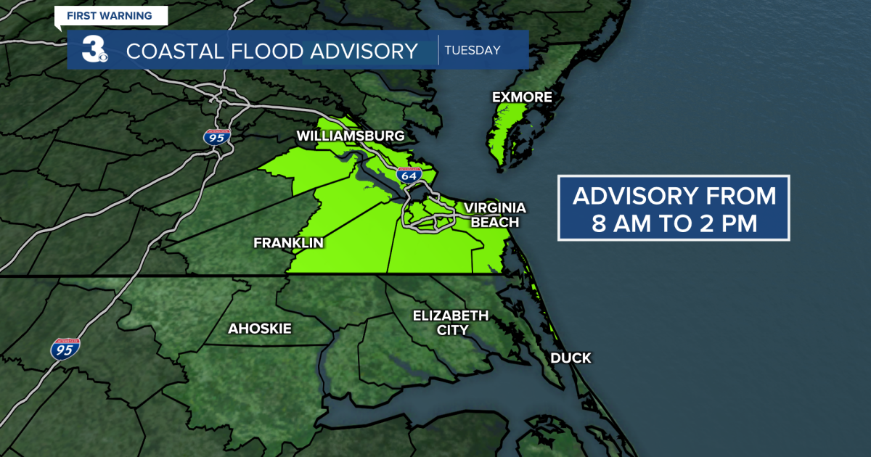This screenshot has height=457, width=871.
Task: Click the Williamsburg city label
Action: tap(350, 136)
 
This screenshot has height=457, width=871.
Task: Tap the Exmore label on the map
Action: tap(522, 97)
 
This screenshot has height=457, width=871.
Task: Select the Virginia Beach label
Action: tap(494, 215)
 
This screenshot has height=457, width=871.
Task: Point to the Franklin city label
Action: tap(288, 243)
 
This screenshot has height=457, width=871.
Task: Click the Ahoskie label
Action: tap(260, 329)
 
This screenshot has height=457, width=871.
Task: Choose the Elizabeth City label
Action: tap(451, 322)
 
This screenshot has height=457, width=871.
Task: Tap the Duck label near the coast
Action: tap(571, 358)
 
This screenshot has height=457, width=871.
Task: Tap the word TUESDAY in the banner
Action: tap(473, 50)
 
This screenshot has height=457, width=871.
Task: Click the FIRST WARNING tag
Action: tap(109, 15)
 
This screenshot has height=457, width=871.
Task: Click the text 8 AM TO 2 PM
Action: tap(674, 223)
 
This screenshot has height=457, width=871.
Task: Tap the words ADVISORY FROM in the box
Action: tap(674, 196)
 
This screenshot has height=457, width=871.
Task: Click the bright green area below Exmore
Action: tap(506, 131)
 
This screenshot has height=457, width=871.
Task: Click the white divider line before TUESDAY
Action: tap(438, 50)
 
